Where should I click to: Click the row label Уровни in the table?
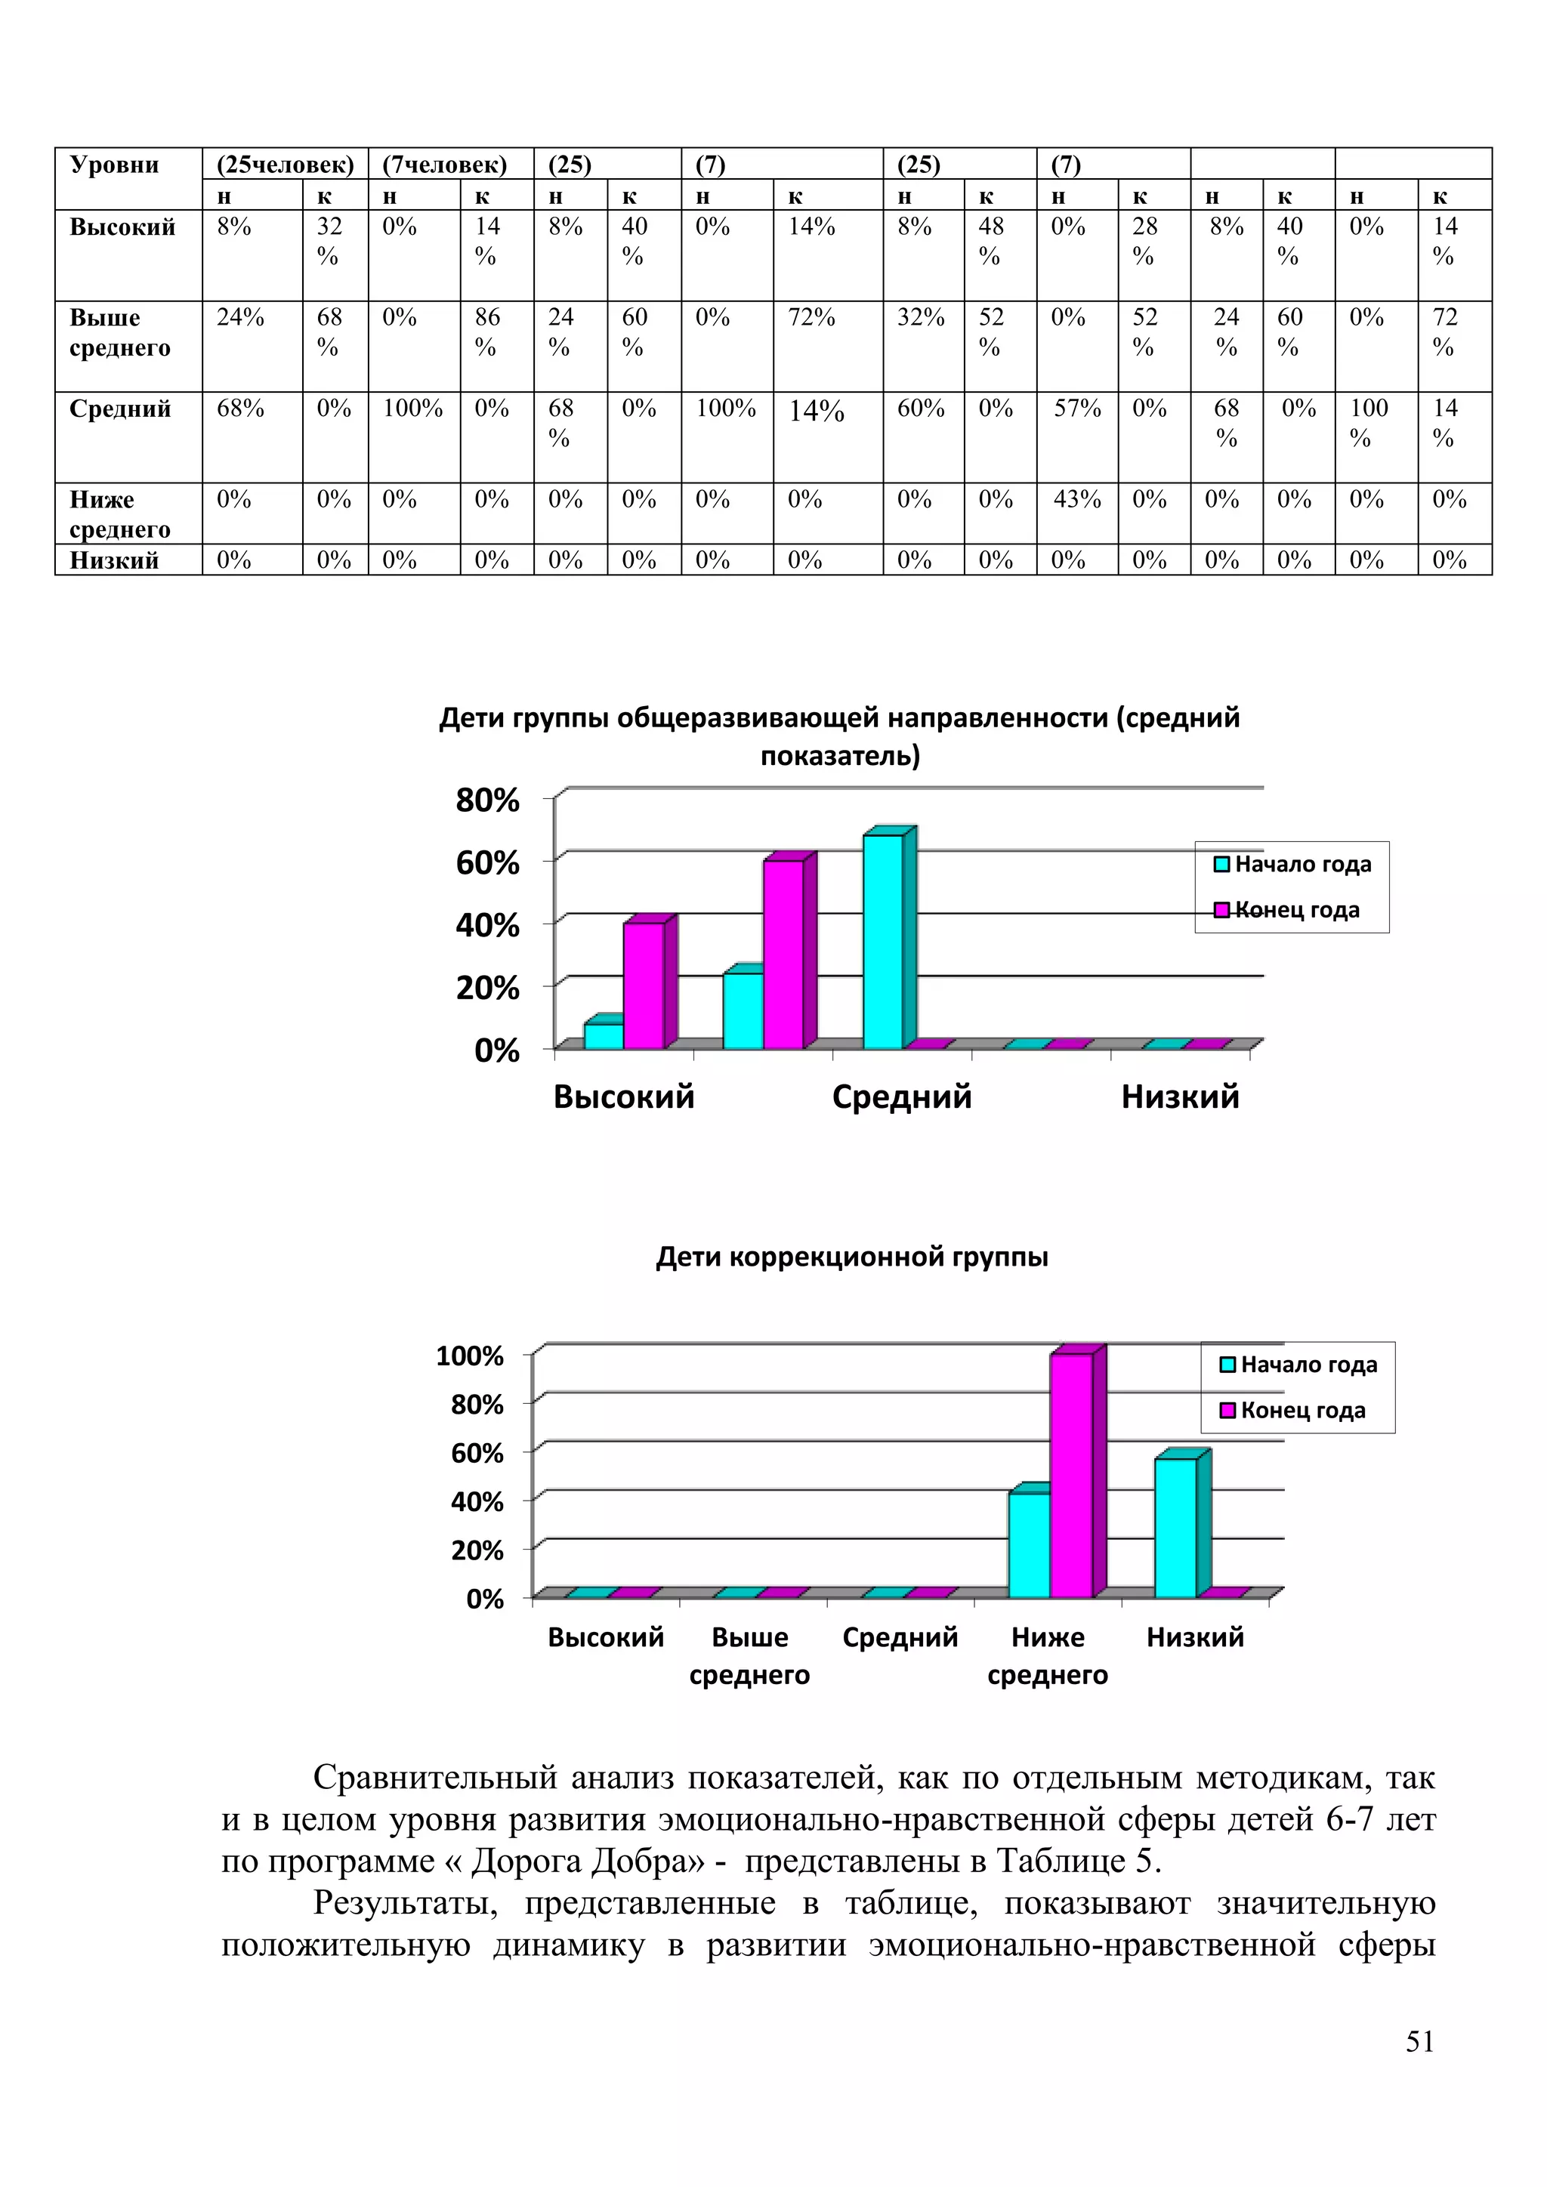(113, 165)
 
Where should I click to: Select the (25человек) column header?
(285, 165)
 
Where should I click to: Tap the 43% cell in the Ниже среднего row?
(1076, 499)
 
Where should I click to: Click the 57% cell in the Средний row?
(1076, 409)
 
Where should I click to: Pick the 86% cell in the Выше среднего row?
(486, 332)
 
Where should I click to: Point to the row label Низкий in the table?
(113, 560)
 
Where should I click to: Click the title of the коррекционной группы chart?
(851, 1257)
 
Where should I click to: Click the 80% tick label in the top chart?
(488, 800)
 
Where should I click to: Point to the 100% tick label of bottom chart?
(470, 1356)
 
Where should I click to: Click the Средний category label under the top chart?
(901, 1097)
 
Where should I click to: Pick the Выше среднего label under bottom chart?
(749, 1655)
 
